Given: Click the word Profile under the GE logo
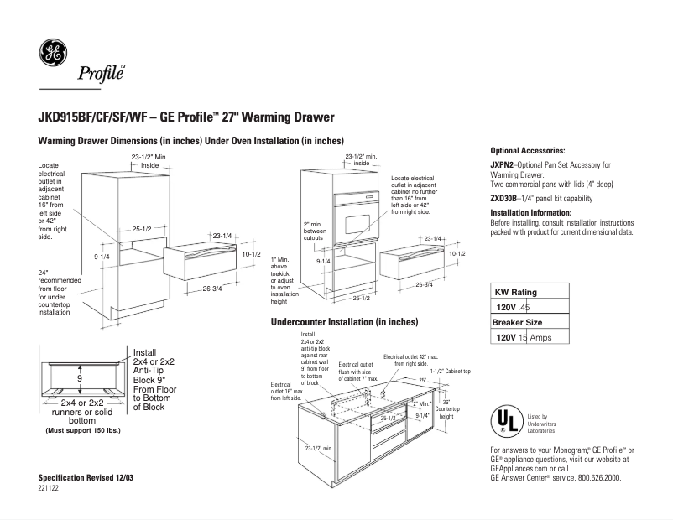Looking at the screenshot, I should [x=101, y=73].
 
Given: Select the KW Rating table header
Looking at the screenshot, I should [x=516, y=293].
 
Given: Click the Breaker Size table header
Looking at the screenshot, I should [x=517, y=323].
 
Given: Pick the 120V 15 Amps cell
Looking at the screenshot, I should [x=529, y=337].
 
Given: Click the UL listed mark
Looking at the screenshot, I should [x=503, y=420].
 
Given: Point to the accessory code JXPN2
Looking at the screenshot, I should [x=503, y=165].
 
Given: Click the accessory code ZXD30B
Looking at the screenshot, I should [x=504, y=199].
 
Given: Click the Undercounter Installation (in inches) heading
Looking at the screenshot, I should [x=345, y=322].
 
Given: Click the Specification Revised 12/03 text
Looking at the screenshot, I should [x=86, y=476].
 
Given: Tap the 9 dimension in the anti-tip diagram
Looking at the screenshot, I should [x=79, y=379].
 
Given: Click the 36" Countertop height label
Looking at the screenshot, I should [x=446, y=408].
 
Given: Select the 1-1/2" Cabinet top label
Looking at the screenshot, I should [x=451, y=371].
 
